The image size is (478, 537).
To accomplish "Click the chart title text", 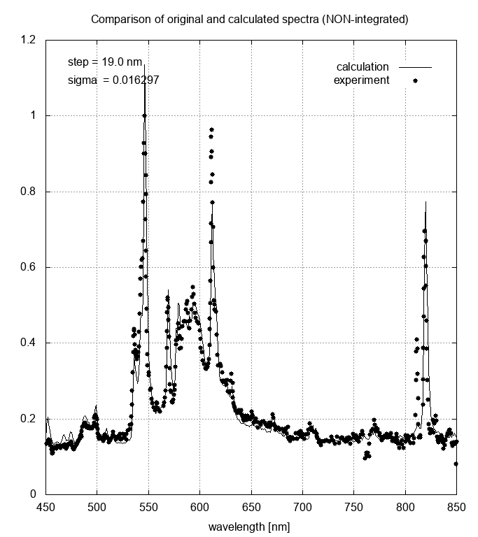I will point(250,20).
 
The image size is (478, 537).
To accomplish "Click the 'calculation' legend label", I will point(363,67).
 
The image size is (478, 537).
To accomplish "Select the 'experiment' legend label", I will point(361,80).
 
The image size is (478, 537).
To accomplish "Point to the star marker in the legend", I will point(415,80).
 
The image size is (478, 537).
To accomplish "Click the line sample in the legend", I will point(415,67).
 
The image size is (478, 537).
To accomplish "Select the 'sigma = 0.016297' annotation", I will point(113,80).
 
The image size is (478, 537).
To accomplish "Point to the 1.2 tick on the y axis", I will point(29,40).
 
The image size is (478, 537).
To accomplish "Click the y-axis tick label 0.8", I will point(29,192).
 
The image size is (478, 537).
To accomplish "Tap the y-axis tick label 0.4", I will point(29,343).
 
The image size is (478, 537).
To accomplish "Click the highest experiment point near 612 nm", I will point(211,130).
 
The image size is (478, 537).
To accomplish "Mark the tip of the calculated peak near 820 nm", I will point(426,202).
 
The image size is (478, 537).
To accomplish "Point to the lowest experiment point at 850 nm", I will point(456,464).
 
